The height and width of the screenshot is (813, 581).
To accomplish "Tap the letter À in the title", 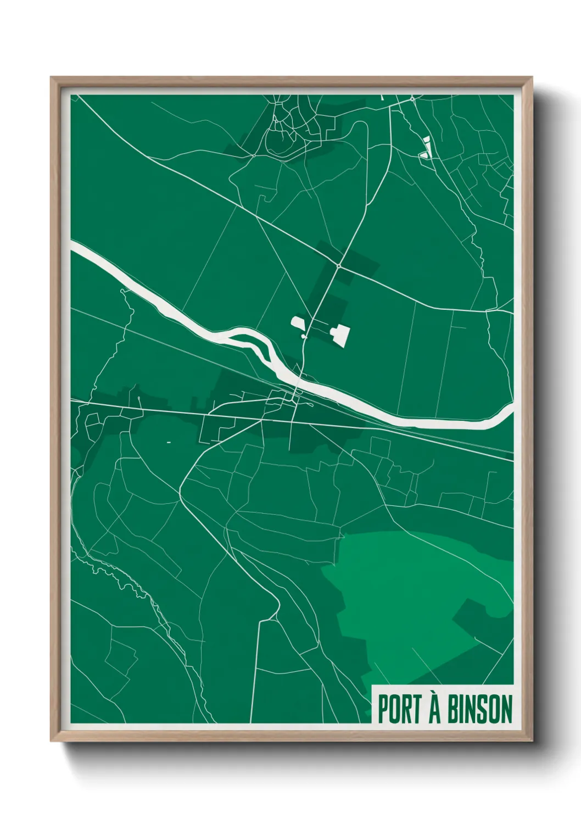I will [434, 708].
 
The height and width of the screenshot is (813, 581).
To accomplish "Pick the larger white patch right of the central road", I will [340, 334].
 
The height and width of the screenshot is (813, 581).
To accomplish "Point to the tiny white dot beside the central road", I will [303, 335].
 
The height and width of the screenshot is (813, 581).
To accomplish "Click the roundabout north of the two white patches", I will [339, 266].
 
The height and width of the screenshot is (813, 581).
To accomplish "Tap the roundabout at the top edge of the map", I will [412, 99].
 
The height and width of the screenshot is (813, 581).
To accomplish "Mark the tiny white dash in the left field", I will [169, 442].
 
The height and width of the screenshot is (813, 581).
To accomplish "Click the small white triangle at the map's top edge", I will [383, 97].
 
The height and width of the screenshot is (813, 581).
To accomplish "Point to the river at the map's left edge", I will [75, 247].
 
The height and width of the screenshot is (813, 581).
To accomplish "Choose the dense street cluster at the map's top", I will [286, 124].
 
